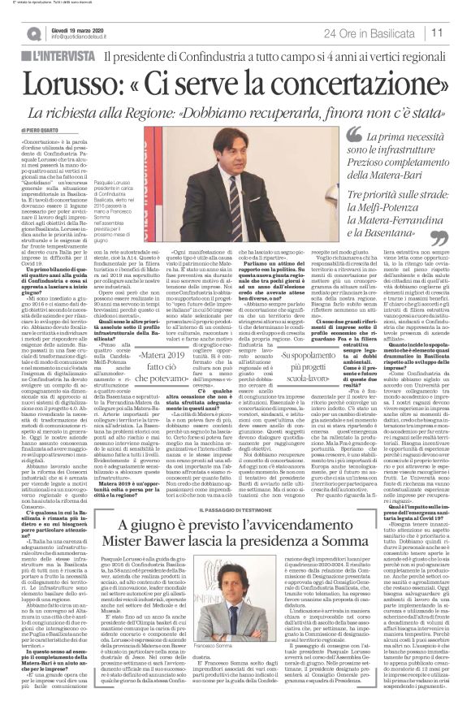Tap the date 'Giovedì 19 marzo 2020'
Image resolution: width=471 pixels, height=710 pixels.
(72, 28)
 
